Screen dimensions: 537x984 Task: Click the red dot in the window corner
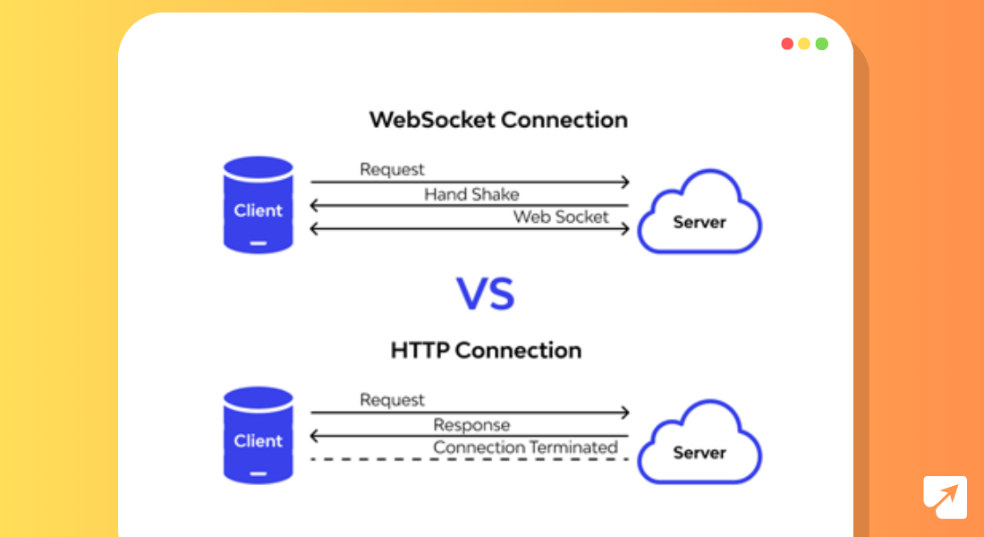pos(787,44)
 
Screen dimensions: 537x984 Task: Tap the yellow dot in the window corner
pos(804,44)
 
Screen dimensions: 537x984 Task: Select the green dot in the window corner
pos(821,44)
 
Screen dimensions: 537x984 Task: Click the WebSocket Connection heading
pos(498,120)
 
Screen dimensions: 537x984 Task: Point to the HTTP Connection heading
pos(486,350)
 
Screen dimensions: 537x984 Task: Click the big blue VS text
pos(486,294)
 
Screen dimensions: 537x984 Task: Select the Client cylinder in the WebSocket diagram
pos(258,205)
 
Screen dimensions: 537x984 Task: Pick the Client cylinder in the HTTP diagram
pos(258,435)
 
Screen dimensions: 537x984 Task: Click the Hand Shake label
pos(471,194)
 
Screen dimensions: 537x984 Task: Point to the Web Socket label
pos(561,217)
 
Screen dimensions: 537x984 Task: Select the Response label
pos(471,425)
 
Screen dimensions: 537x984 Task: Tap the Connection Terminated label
pos(526,447)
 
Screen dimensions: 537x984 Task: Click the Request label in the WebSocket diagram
pos(392,169)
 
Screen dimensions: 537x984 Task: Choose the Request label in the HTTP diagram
pos(392,400)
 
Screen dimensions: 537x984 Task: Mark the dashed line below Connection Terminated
pos(470,459)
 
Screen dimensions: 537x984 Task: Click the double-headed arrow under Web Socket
pos(470,229)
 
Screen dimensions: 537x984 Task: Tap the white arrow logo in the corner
pos(946,498)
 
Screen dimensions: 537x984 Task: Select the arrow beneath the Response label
pos(470,437)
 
